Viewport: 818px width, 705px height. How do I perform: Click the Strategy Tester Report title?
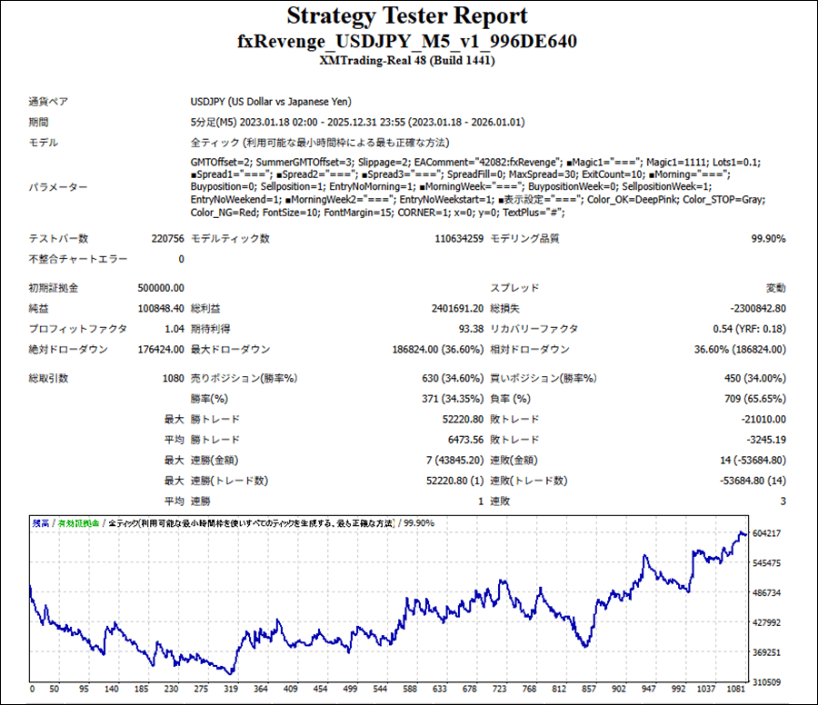(x=407, y=16)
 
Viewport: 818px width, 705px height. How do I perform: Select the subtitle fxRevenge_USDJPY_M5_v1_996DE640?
(x=407, y=42)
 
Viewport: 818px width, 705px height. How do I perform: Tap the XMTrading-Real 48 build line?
(x=407, y=61)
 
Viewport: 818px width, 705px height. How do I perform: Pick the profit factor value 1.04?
(x=173, y=329)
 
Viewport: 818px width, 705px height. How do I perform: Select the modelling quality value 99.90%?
(x=768, y=238)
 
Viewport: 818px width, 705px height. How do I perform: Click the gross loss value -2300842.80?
(x=757, y=308)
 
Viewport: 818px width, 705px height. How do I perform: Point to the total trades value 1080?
(x=172, y=378)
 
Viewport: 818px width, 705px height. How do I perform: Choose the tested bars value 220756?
(x=165, y=238)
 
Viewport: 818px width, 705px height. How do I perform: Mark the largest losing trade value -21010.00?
(x=761, y=419)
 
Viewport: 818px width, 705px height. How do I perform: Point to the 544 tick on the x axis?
(x=381, y=689)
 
